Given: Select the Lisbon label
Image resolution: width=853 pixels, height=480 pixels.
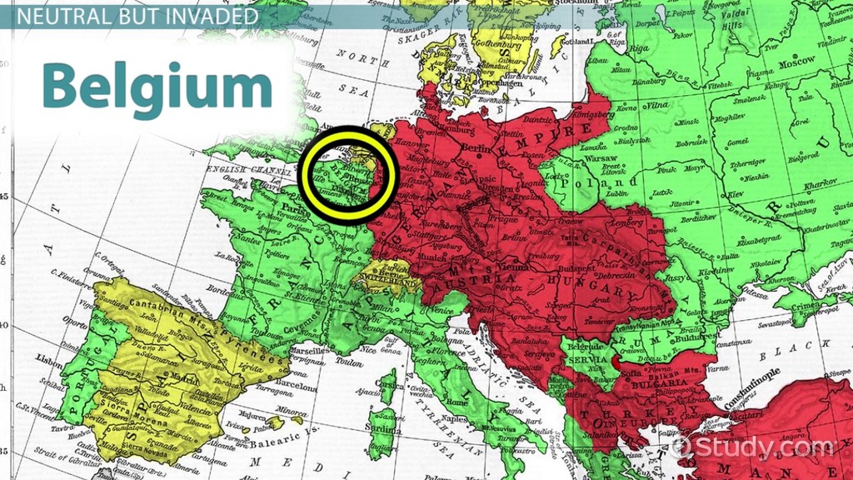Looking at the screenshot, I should point(51,359).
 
